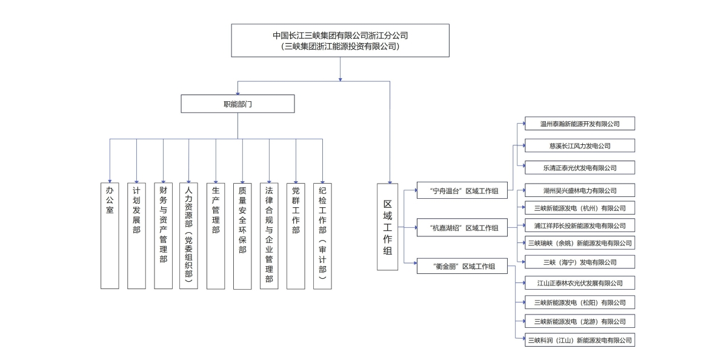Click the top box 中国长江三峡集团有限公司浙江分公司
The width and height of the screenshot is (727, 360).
coord(340,40)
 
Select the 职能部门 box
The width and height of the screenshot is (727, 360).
coord(237,104)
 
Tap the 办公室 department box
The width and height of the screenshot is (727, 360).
coord(110,235)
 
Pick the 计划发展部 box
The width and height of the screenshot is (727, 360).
coord(136,235)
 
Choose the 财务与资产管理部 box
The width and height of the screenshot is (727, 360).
coord(163,235)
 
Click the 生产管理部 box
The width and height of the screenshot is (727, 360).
coord(216,235)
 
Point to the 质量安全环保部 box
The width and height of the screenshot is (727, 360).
coord(242,235)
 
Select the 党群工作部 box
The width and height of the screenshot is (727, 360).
coord(296,235)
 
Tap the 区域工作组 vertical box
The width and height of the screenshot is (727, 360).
coord(388,226)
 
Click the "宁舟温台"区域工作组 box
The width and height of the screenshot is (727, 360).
coord(462,190)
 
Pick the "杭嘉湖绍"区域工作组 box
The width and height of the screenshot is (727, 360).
coord(462,228)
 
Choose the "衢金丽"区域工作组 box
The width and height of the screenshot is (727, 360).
coord(462,266)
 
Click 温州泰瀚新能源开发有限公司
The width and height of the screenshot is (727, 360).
coord(580,124)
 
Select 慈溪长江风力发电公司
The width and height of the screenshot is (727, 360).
coord(580,145)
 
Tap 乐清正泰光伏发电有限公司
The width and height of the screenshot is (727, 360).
coord(580,167)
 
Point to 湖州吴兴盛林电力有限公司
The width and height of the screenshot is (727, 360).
coord(580,190)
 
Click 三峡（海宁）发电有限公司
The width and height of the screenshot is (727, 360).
coord(580,262)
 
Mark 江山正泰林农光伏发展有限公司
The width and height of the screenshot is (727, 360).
coord(580,283)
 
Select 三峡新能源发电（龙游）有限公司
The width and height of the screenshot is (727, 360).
coord(580,321)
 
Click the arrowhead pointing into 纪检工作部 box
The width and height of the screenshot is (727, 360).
coord(322,179)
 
